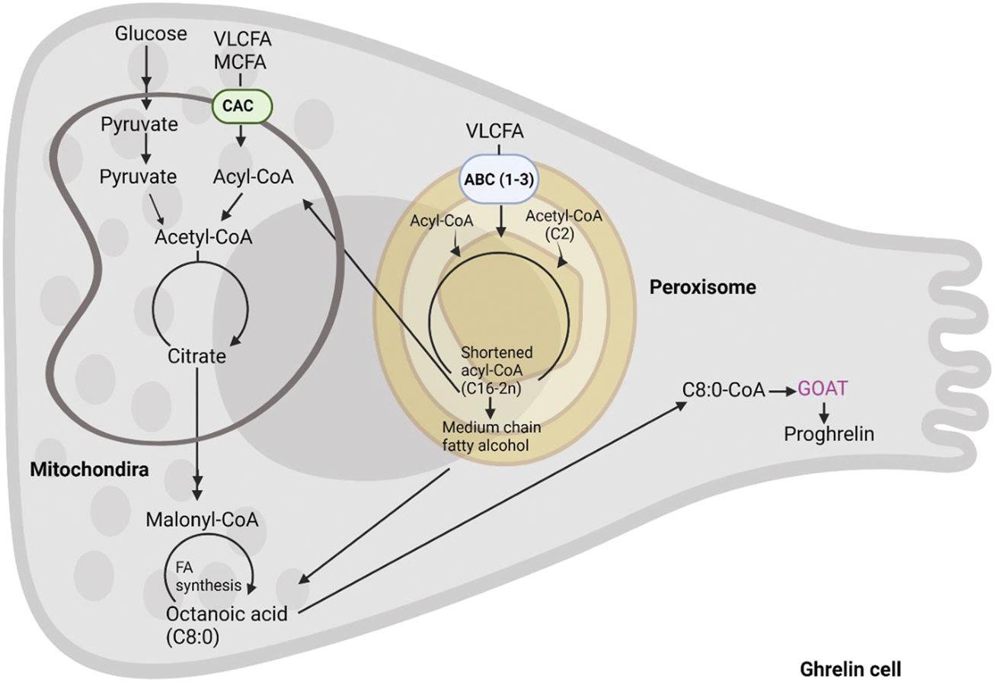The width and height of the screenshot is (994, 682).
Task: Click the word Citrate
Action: (197, 355)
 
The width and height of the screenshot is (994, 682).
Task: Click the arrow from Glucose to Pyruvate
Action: (145, 75)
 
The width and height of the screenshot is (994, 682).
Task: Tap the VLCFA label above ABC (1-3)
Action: (499, 132)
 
